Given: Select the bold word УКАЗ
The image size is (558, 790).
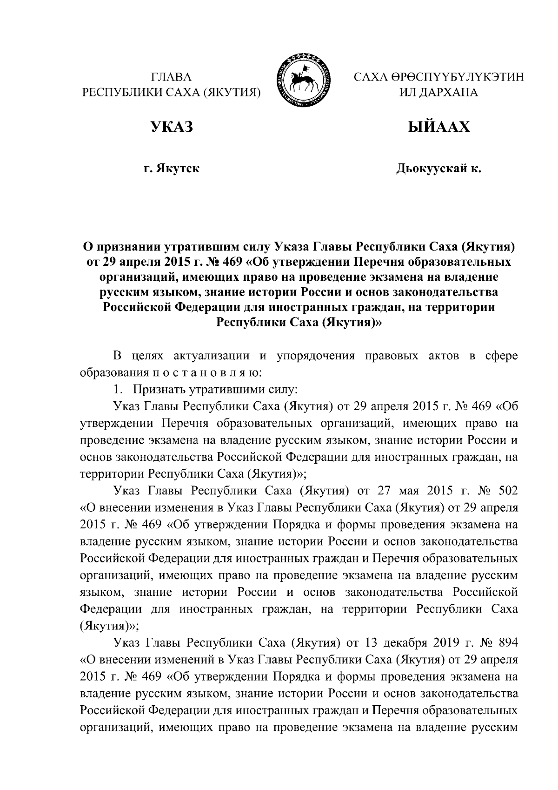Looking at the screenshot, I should [171, 127].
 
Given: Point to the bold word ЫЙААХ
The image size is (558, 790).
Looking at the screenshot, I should [438, 127].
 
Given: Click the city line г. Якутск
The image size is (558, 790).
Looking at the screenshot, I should [171, 169].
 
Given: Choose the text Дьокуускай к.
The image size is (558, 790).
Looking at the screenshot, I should [438, 169].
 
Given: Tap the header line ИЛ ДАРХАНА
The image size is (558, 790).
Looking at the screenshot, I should [438, 92].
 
